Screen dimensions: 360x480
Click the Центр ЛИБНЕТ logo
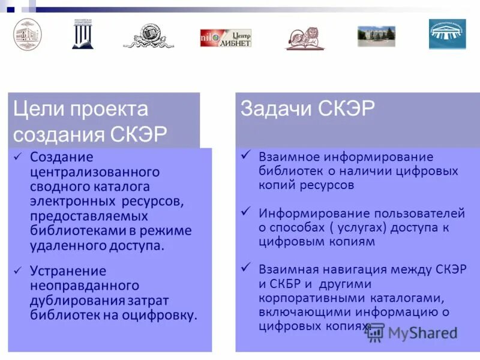point(226,38)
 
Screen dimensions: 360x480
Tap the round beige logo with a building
point(28,34)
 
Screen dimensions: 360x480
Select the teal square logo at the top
point(447,34)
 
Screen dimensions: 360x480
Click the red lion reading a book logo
point(305,38)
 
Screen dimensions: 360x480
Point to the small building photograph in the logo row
point(376,36)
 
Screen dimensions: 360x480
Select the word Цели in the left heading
point(37,109)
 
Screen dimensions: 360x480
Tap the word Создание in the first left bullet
point(62,157)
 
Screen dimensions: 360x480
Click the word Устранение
point(68,271)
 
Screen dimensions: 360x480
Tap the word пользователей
point(423,213)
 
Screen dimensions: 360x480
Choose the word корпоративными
point(307,298)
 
